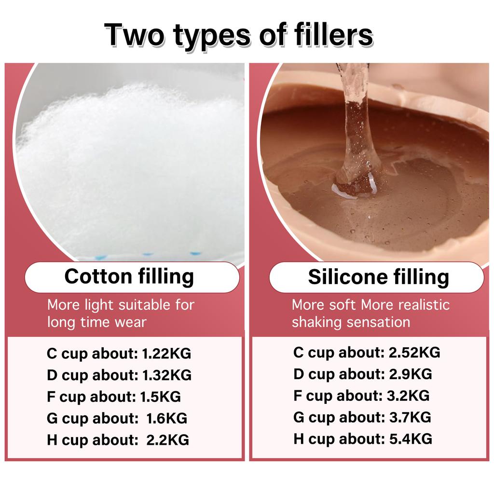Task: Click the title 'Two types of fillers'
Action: tap(238, 35)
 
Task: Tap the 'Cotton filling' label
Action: tap(129, 276)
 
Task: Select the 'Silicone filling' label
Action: tap(378, 277)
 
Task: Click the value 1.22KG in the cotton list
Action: tap(166, 354)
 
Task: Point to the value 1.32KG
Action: tap(166, 375)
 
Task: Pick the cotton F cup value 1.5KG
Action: tap(160, 397)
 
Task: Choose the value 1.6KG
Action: tap(166, 418)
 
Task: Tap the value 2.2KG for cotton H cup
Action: tap(167, 440)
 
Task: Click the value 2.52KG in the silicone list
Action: tap(414, 352)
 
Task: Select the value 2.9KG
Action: tap(411, 374)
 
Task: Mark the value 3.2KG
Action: tap(408, 396)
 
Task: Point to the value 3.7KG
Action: tap(410, 417)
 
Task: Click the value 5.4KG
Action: tap(411, 439)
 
